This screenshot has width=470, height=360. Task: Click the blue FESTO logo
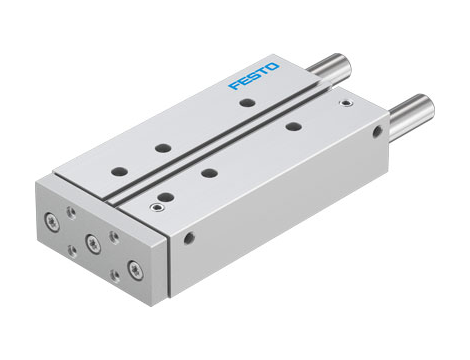click(x=255, y=77)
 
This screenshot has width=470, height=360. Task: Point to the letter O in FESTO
click(x=275, y=67)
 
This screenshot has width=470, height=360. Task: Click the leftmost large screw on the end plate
click(x=51, y=220)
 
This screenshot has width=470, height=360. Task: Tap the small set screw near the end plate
click(x=154, y=206)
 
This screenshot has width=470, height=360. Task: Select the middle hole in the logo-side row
click(x=162, y=148)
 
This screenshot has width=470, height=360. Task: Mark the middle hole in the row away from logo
click(x=210, y=173)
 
